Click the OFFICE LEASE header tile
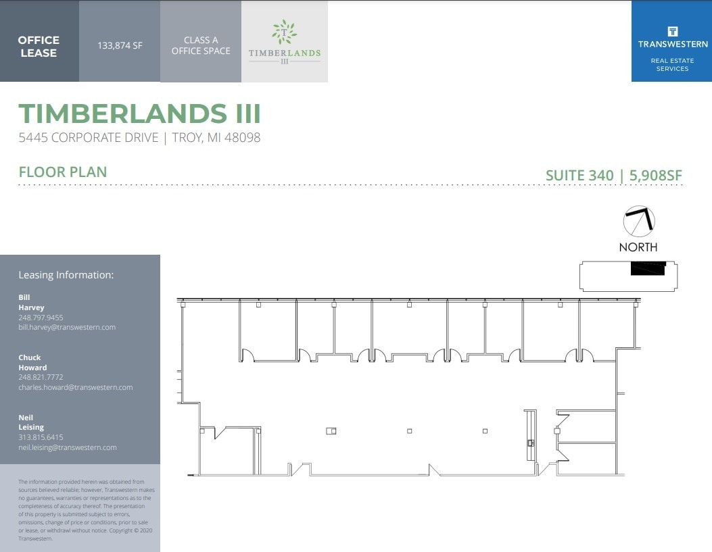click(39, 46)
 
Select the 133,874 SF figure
click(120, 47)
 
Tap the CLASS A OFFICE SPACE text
click(201, 45)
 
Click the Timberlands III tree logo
click(284, 32)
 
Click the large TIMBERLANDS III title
click(140, 114)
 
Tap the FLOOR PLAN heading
click(63, 172)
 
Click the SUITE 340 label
click(579, 176)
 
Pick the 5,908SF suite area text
click(656, 176)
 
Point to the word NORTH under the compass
click(638, 247)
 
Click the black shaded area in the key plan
click(648, 268)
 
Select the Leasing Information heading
click(66, 275)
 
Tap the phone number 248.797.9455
click(41, 318)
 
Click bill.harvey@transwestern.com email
click(67, 327)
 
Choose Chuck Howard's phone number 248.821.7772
click(41, 378)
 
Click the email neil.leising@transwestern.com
click(68, 447)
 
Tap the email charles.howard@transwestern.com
click(76, 388)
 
